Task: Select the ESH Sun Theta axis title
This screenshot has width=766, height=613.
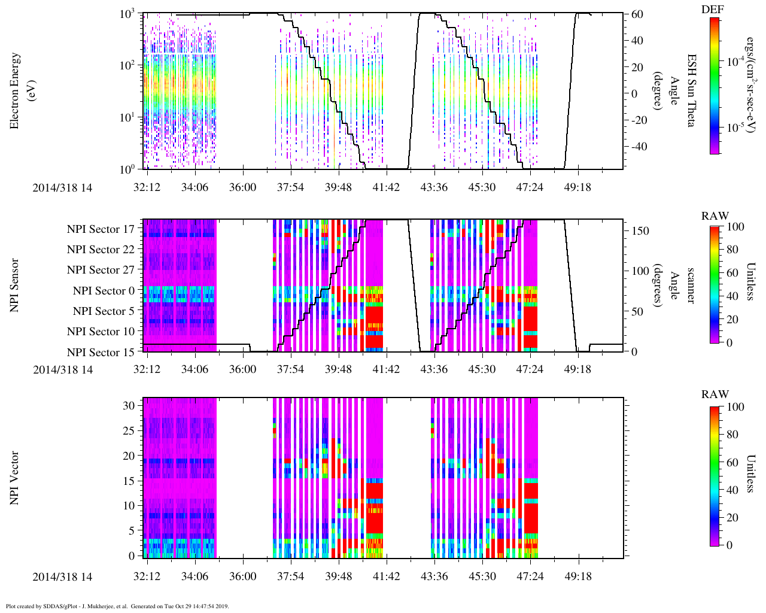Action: tap(691, 90)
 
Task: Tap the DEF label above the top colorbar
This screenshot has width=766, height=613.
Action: tap(713, 10)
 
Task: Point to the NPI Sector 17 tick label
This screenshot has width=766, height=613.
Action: tap(101, 229)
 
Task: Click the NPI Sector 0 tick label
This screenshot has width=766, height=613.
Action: tap(104, 291)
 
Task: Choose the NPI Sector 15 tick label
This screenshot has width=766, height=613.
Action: tap(101, 353)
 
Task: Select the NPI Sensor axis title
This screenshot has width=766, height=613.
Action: tap(14, 285)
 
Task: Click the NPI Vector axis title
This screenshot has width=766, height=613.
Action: tap(14, 478)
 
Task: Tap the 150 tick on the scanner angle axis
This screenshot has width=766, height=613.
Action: tap(640, 230)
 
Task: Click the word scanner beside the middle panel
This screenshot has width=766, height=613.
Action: tap(691, 285)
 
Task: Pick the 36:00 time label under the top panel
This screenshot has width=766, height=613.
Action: tap(242, 187)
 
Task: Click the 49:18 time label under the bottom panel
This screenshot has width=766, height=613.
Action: tap(577, 576)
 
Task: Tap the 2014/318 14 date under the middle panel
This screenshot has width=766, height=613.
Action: tap(63, 369)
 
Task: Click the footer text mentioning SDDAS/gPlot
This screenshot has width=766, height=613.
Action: tap(117, 606)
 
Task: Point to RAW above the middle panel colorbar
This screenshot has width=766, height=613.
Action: tap(715, 216)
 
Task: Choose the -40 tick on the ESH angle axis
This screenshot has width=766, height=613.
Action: tap(639, 147)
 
